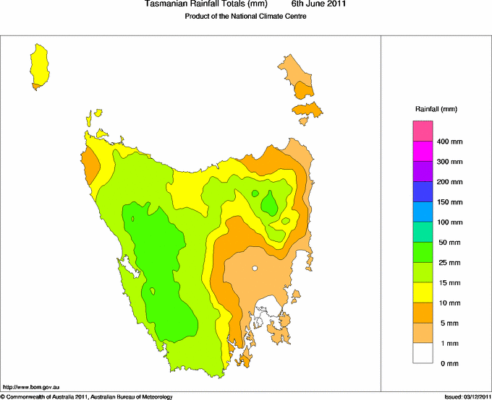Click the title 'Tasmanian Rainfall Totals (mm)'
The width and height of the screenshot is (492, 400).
pyautogui.click(x=201, y=4)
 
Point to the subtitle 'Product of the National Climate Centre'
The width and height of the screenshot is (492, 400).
pyautogui.click(x=246, y=17)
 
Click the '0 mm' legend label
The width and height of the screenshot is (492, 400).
pyautogui.click(x=449, y=363)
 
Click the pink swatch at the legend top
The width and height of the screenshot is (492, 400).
pyautogui.click(x=423, y=131)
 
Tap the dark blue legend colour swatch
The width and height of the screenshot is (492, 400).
pyautogui.click(x=423, y=191)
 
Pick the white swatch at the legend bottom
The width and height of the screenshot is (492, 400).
pyautogui.click(x=423, y=353)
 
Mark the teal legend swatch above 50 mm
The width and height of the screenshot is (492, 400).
pyautogui.click(x=423, y=232)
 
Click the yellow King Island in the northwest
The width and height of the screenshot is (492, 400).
pyautogui.click(x=39, y=65)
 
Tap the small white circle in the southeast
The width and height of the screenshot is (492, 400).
pyautogui.click(x=255, y=269)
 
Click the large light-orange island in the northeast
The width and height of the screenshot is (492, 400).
pyautogui.click(x=297, y=76)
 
